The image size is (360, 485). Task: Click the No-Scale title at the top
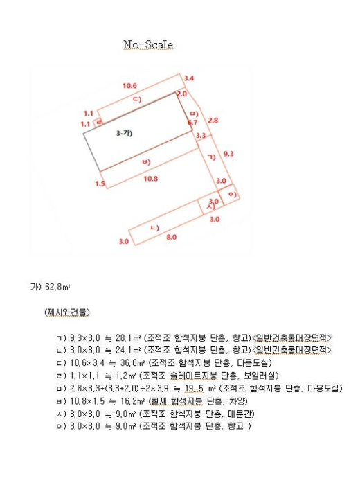(x=148, y=45)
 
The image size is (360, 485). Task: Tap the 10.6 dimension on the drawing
(x=129, y=85)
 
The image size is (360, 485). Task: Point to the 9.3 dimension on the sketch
(x=228, y=154)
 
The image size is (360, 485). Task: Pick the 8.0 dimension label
(x=170, y=237)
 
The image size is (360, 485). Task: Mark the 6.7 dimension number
(x=192, y=123)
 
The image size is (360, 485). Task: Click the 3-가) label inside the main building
(x=124, y=132)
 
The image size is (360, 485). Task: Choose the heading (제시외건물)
(x=66, y=312)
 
